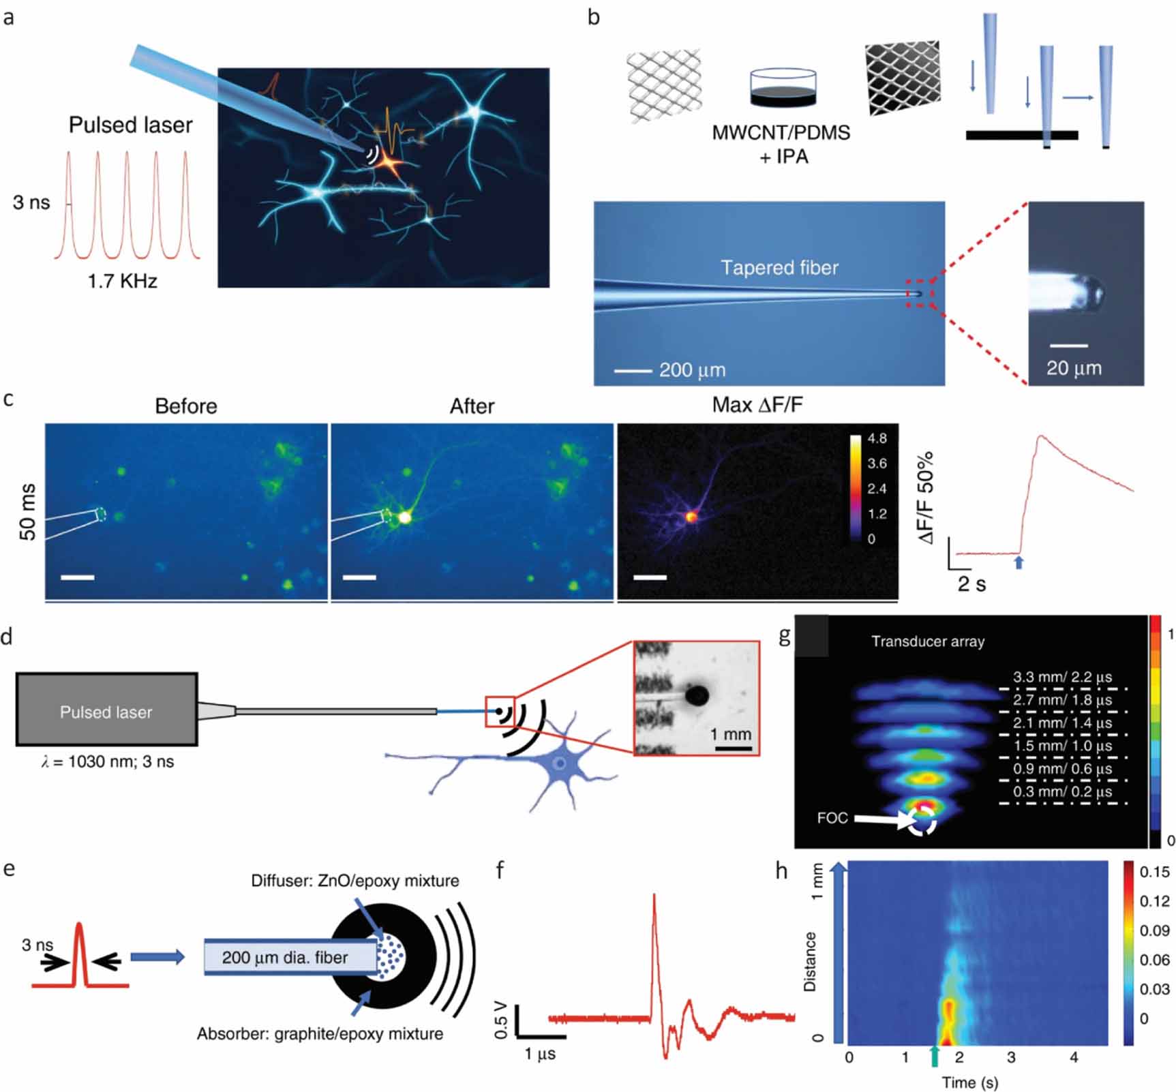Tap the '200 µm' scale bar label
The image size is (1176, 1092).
pyautogui.click(x=692, y=370)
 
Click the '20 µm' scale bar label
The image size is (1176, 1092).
pyautogui.click(x=1074, y=368)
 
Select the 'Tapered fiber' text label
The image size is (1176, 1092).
pyautogui.click(x=779, y=267)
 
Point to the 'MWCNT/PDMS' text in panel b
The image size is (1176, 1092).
pyautogui.click(x=781, y=132)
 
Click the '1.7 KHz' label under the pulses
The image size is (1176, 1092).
pyautogui.click(x=123, y=280)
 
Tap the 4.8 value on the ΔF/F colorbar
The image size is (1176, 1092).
pyautogui.click(x=877, y=438)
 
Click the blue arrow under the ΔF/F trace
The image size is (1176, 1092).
pyautogui.click(x=1019, y=562)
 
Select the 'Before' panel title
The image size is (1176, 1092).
pyautogui.click(x=186, y=406)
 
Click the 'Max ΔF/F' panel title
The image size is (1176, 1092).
pyautogui.click(x=757, y=405)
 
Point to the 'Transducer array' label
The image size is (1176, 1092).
pyautogui.click(x=928, y=641)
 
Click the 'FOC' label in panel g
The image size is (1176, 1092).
pyautogui.click(x=832, y=817)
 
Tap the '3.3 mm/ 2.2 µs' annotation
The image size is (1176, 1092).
pyautogui.click(x=1062, y=677)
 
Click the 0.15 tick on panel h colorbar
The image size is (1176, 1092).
pyautogui.click(x=1154, y=872)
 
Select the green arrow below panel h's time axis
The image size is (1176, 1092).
pyautogui.click(x=935, y=1057)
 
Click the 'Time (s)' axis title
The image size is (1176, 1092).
pyautogui.click(x=969, y=1082)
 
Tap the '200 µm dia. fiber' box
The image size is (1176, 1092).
pyautogui.click(x=285, y=957)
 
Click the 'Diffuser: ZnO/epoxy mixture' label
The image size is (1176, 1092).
pyautogui.click(x=355, y=881)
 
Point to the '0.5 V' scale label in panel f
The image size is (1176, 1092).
pyautogui.click(x=501, y=1020)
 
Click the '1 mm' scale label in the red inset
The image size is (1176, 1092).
pyautogui.click(x=730, y=734)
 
